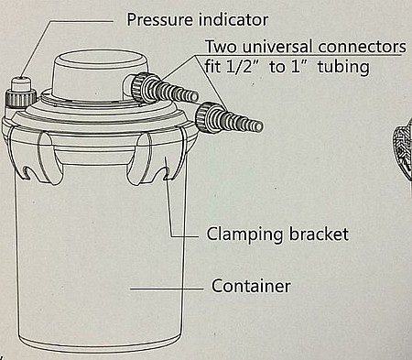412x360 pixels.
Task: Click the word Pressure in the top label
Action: (159, 20)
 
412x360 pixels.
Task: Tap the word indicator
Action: (233, 20)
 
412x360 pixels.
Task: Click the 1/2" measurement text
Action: (241, 66)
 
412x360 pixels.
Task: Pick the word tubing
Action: (343, 67)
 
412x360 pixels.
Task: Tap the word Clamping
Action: (245, 235)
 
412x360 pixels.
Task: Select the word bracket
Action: (319, 235)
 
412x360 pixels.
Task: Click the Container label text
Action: (251, 286)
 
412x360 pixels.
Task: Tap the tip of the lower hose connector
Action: (260, 126)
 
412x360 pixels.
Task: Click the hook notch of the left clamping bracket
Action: (27, 171)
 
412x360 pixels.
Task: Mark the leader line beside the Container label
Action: (167, 289)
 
